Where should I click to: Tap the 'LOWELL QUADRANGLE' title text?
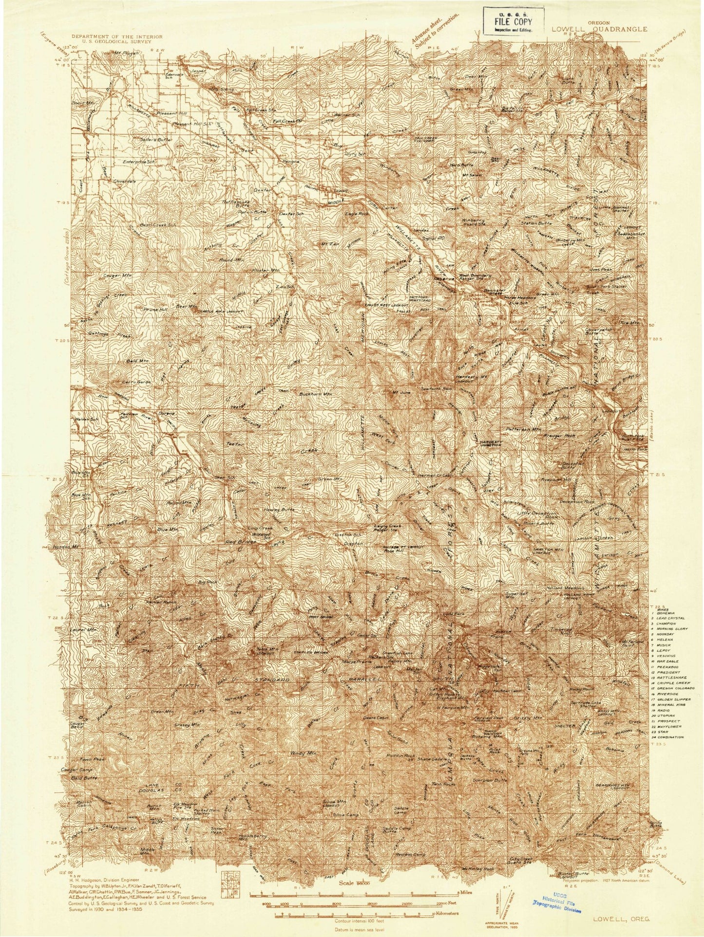(600, 29)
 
